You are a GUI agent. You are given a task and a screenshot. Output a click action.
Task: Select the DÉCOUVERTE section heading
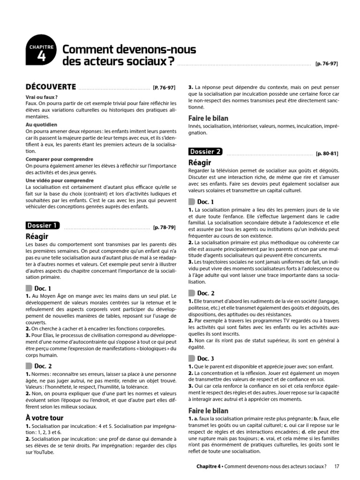click(51, 87)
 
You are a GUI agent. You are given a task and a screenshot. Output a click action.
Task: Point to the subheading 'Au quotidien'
click(41, 125)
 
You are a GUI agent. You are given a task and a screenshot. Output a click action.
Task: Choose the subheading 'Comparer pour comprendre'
click(59, 159)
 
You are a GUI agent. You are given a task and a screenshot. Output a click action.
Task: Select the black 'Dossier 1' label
click(43, 225)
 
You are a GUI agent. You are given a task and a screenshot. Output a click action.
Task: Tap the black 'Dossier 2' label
click(206, 151)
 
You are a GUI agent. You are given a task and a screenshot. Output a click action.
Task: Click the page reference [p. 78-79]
click(164, 228)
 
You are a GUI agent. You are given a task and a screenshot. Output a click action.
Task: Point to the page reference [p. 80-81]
click(327, 154)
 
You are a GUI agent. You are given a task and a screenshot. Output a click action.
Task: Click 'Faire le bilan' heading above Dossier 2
click(208, 118)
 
